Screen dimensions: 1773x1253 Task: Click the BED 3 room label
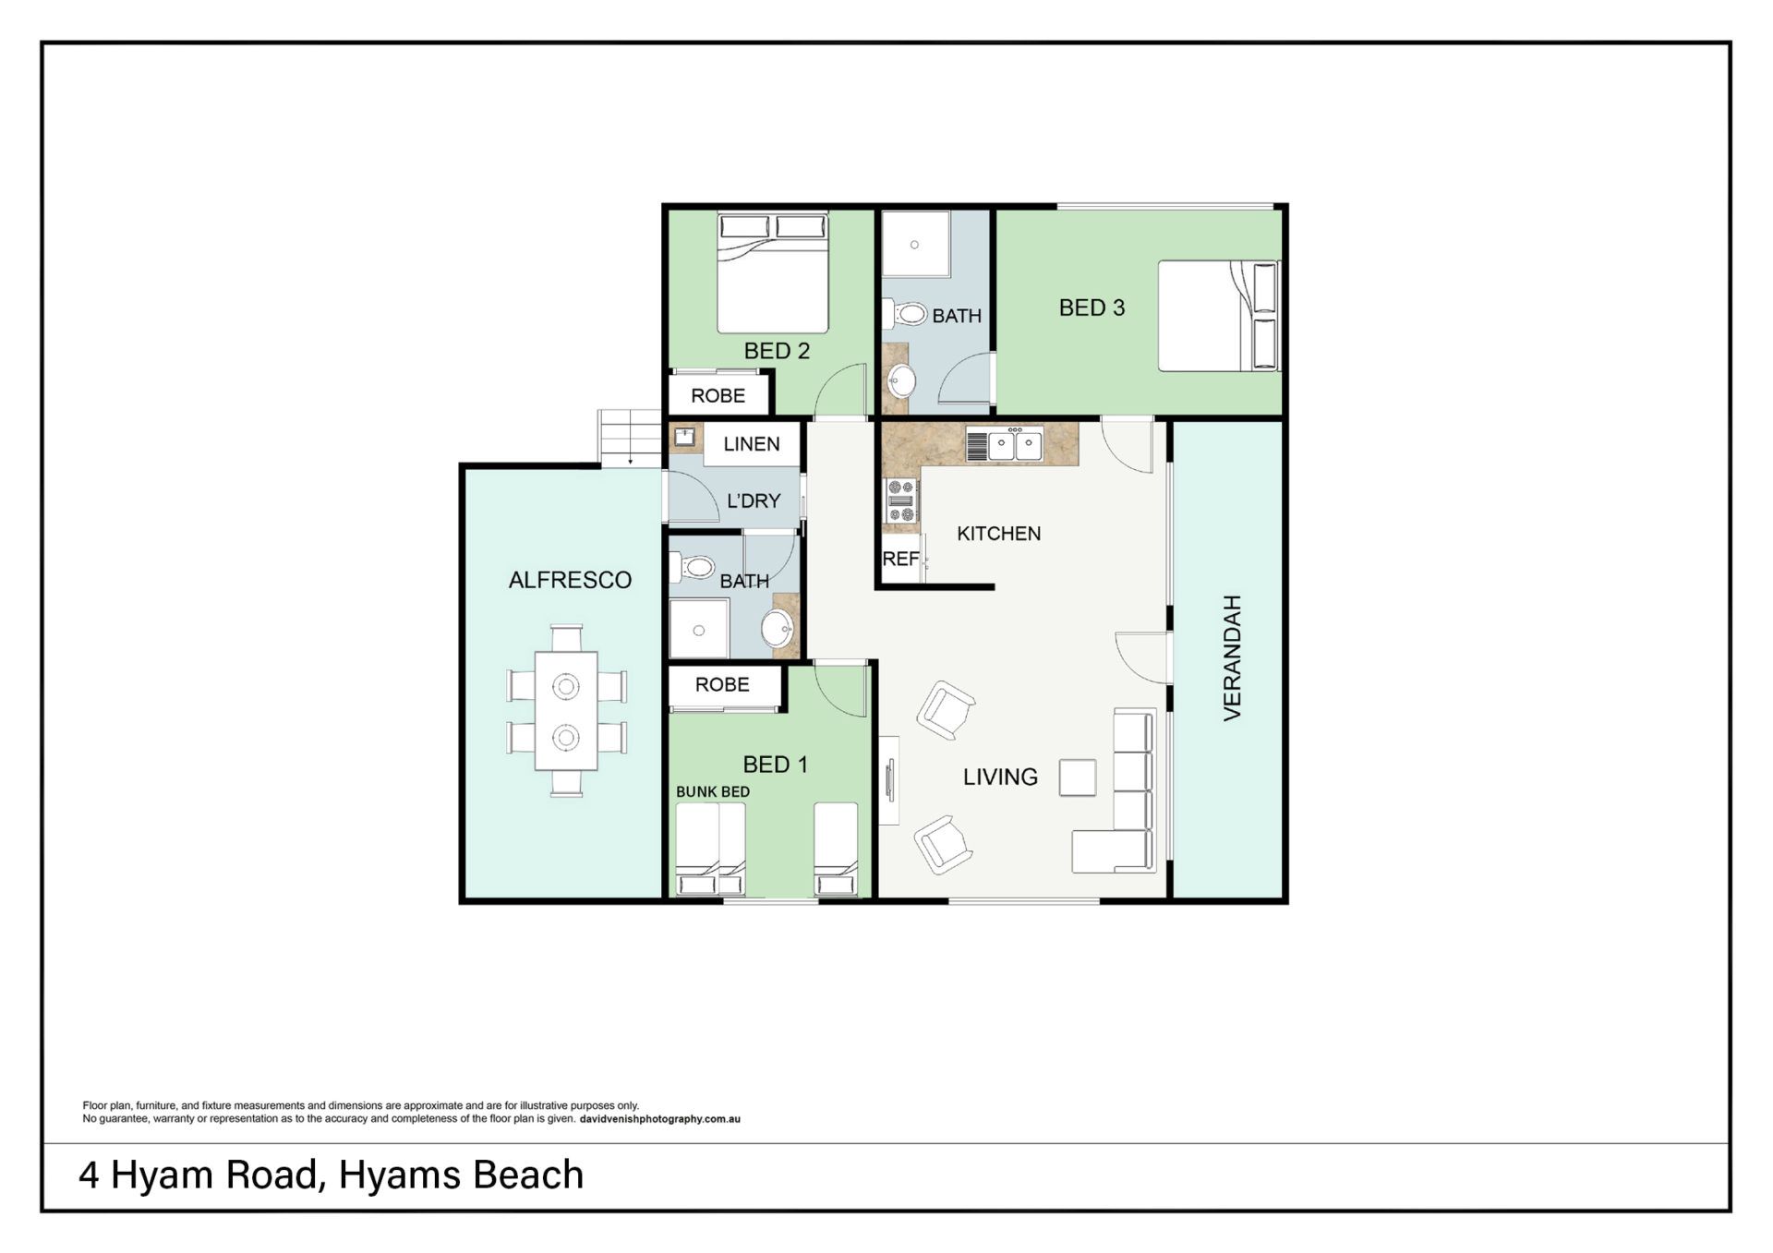coord(1092,307)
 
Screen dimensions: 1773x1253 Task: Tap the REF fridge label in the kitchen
coord(900,559)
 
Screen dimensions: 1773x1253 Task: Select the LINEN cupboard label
coord(751,444)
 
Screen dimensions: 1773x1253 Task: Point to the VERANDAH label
coord(1232,657)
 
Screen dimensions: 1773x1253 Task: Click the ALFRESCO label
coord(570,580)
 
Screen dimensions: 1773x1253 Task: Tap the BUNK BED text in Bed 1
coord(713,791)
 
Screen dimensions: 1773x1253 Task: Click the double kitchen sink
coord(1015,445)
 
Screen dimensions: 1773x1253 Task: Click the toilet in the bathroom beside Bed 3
coord(905,314)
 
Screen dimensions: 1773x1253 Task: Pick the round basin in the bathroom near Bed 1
coord(778,630)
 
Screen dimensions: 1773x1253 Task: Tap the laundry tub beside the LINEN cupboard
coord(684,437)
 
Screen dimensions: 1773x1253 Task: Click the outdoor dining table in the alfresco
coord(566,711)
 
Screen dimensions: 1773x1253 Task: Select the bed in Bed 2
coord(773,272)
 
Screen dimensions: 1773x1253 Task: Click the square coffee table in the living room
coord(1078,777)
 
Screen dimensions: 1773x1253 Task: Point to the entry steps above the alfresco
coord(631,438)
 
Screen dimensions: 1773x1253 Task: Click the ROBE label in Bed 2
coord(718,396)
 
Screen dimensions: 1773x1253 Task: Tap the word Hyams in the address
coord(400,1175)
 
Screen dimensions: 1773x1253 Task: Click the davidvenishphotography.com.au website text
coord(660,1119)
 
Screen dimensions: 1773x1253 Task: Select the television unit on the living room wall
coord(888,780)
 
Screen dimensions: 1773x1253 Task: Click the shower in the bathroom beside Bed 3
coord(915,244)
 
